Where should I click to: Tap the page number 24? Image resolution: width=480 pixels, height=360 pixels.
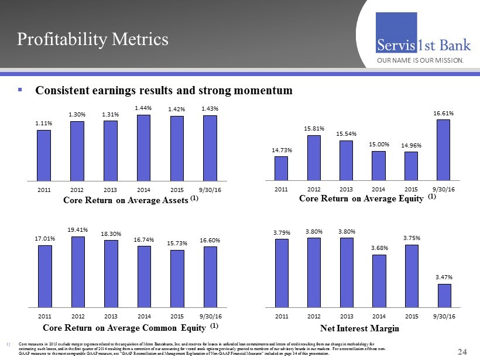pos(462,351)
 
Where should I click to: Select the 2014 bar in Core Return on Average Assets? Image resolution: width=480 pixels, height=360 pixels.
pos(143,148)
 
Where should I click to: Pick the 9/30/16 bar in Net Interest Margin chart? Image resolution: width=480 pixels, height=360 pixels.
pos(444,295)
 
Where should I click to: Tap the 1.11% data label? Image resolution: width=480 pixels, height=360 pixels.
pos(44,124)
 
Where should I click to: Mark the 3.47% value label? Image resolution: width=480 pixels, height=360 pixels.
pos(444,277)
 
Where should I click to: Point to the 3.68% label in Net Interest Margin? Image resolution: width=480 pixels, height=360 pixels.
pos(379,248)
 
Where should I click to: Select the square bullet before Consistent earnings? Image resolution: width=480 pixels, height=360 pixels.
pos(20,91)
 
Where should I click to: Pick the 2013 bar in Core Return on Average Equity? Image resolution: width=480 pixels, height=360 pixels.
pos(346,160)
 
